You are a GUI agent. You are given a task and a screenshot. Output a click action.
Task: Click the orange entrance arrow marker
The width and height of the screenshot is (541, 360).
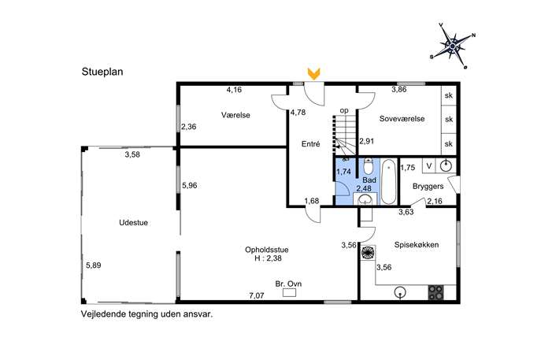tap(313, 73)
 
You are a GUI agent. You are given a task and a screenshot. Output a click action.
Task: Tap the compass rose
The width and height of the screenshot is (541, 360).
tap(453, 46)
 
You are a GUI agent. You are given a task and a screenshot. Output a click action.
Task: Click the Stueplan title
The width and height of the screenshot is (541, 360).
tap(102, 72)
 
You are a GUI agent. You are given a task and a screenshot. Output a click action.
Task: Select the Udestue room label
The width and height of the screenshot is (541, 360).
tap(134, 223)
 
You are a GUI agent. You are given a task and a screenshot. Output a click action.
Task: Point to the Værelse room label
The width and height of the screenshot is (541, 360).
tap(235, 115)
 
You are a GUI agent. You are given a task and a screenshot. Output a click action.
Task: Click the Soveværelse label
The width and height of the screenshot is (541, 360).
tap(402, 118)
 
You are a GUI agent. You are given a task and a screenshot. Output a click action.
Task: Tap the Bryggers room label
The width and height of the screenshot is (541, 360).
tap(428, 187)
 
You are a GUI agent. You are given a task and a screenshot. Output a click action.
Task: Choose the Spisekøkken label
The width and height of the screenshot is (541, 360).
tap(417, 245)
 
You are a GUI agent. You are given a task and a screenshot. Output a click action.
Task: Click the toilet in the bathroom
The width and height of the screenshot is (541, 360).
tap(368, 166)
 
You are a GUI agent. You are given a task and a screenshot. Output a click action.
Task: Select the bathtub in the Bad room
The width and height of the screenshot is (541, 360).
tap(389, 181)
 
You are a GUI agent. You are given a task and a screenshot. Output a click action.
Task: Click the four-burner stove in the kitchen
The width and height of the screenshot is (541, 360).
tap(435, 293)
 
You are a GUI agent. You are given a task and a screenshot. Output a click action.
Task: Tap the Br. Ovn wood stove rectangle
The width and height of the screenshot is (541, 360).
tap(289, 293)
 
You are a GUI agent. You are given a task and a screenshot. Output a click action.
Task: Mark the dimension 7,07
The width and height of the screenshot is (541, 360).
tap(257, 295)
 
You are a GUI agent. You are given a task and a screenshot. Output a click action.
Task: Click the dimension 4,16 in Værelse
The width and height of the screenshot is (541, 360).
tap(234, 90)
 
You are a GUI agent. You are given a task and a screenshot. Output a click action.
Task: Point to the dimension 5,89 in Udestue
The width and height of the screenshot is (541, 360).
tap(94, 265)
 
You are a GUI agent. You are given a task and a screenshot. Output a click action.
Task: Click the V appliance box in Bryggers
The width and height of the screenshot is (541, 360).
tap(429, 166)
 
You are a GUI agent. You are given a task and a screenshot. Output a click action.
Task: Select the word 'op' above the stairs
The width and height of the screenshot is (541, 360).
tap(344, 110)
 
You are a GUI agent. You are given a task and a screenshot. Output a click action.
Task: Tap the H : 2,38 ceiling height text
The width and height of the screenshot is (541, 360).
tap(268, 258)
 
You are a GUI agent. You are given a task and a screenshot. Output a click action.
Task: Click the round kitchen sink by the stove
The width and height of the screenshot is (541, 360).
tap(400, 293)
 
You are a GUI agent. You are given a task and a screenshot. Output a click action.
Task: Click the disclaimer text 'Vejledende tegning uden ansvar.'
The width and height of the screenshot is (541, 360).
tap(147, 314)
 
